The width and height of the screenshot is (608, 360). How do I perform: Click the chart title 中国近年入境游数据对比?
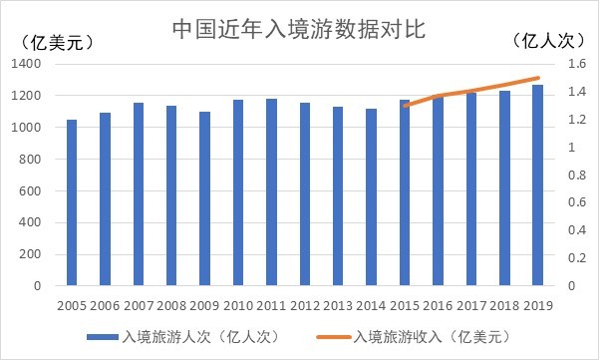(x=299, y=29)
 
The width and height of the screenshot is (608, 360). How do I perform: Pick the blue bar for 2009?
(x=204, y=198)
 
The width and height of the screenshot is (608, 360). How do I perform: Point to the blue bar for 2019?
(x=537, y=185)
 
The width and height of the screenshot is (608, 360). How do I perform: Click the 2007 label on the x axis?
(x=139, y=305)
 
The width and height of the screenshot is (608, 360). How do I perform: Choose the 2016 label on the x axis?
(x=438, y=305)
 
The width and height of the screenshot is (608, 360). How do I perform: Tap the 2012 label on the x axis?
(x=305, y=305)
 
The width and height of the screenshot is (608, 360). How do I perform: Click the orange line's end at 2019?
(x=538, y=78)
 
